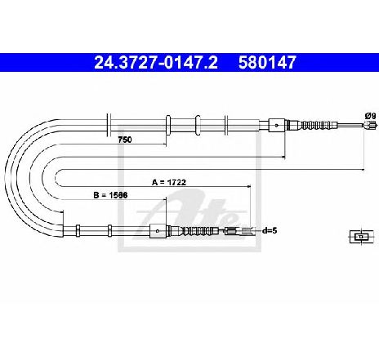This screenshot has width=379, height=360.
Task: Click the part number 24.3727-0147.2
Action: click(156, 63)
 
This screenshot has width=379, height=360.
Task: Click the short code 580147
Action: click(267, 63)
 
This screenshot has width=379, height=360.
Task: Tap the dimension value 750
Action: click(125, 140)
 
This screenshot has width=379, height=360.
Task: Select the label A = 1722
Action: click(169, 182)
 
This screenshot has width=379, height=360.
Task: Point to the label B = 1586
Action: click(110, 195)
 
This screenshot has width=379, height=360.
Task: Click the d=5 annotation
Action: click(270, 231)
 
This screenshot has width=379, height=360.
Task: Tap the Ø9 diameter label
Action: click(370, 116)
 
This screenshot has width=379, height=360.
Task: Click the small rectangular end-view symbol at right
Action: click(360, 237)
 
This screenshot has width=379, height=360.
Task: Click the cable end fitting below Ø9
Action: click(370, 125)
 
